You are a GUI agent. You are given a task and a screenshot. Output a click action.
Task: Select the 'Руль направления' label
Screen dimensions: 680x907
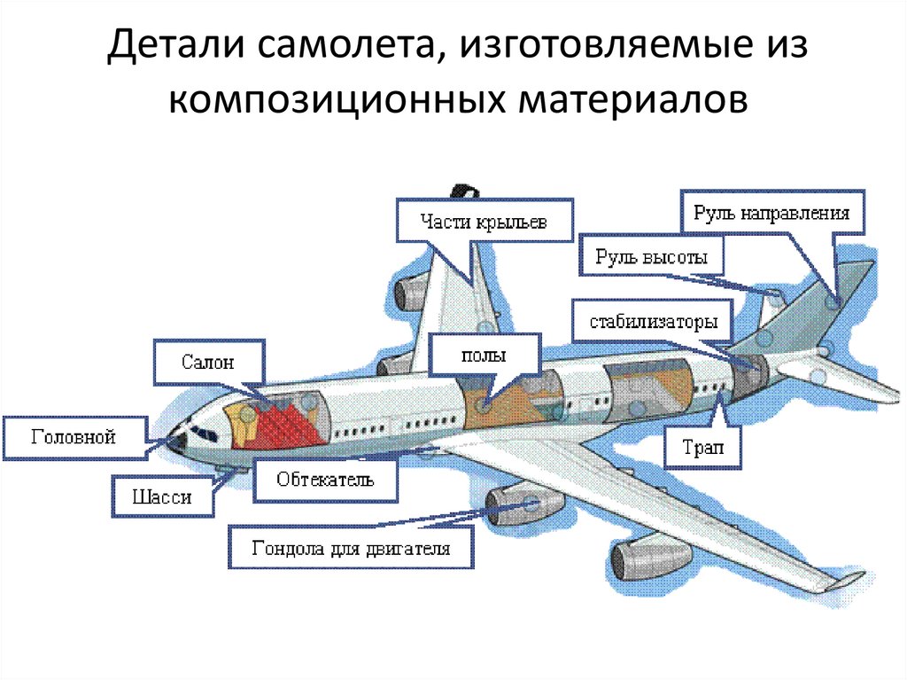pyautogui.click(x=771, y=214)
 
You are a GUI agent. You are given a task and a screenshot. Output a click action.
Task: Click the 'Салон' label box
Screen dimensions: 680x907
pyautogui.click(x=210, y=362)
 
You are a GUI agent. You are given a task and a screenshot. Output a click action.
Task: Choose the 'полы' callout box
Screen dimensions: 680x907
pyautogui.click(x=484, y=356)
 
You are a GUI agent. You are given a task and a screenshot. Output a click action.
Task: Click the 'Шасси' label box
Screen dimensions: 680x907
pyautogui.click(x=164, y=496)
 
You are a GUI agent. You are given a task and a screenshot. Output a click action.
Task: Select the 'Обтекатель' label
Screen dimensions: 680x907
pyautogui.click(x=325, y=480)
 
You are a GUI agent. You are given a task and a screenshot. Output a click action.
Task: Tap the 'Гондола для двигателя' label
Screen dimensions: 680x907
pyautogui.click(x=352, y=548)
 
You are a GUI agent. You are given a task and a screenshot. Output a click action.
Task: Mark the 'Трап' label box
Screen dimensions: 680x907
pyautogui.click(x=703, y=448)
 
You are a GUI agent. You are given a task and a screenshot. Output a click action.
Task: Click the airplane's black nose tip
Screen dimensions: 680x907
pyautogui.click(x=178, y=441)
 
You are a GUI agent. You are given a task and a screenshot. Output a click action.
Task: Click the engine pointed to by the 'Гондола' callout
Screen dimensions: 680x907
pyautogui.click(x=524, y=505)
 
